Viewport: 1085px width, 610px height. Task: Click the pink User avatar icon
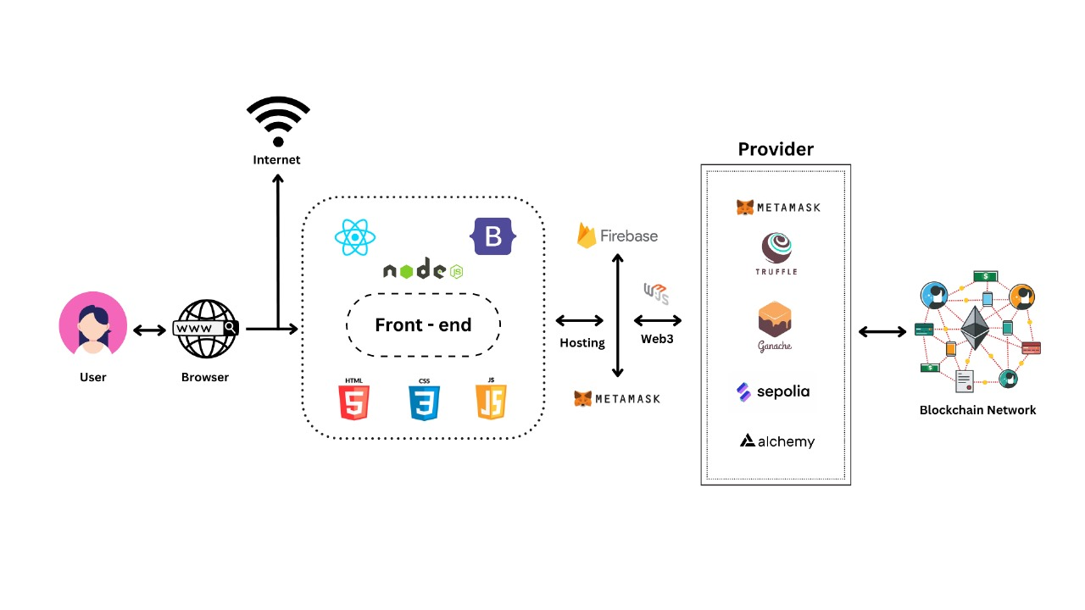pos(93,325)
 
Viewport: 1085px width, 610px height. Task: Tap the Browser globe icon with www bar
pos(206,329)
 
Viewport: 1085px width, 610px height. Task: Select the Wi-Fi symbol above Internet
pos(278,121)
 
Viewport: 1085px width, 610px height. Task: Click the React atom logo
pos(354,237)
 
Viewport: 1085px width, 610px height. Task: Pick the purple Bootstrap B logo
pos(493,236)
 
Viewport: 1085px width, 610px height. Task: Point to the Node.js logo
pos(423,270)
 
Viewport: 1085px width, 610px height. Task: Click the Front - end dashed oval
pos(423,324)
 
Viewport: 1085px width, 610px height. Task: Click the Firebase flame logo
pos(587,236)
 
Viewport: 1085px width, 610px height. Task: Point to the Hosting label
pos(582,343)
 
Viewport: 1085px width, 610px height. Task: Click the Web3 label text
pos(658,339)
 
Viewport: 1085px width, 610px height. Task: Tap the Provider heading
pos(776,150)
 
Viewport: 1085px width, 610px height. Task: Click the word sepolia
pos(784,391)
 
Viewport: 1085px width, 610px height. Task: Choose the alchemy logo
pos(777,441)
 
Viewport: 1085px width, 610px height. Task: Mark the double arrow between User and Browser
pos(150,330)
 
